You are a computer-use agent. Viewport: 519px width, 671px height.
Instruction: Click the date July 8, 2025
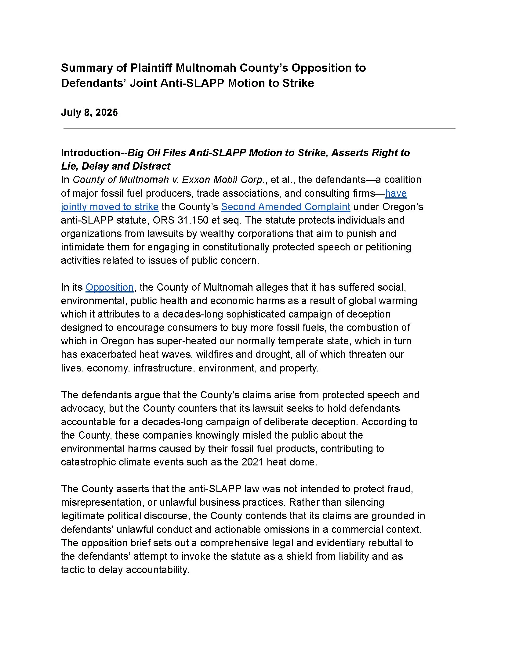coord(89,113)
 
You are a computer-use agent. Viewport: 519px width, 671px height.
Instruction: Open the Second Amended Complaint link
coord(285,207)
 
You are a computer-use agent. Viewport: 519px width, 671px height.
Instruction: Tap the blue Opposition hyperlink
coord(110,287)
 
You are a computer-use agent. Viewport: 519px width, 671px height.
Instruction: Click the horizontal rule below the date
coord(259,128)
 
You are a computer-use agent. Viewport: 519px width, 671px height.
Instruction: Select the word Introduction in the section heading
coord(90,153)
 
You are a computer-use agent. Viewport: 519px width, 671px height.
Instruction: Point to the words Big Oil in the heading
coord(145,153)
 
